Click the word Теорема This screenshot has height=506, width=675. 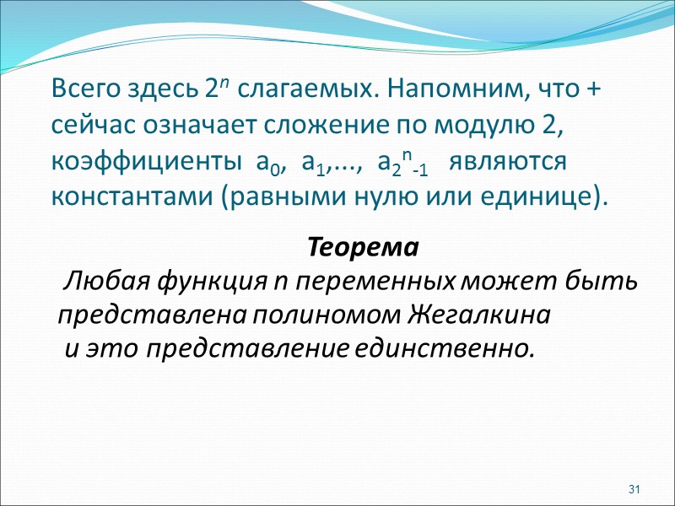[x=363, y=249]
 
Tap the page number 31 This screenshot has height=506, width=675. [x=635, y=490]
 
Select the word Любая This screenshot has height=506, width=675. [x=96, y=281]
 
